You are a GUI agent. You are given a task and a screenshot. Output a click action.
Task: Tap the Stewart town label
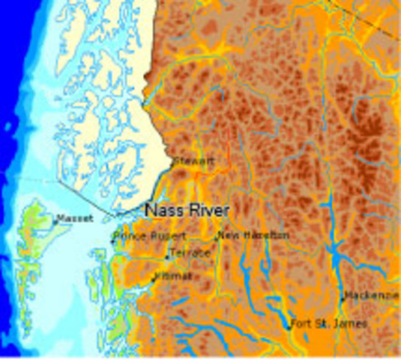(193, 160)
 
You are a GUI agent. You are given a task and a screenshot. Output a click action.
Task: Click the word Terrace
(189, 253)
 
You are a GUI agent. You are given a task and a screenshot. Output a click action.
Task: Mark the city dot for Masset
(55, 221)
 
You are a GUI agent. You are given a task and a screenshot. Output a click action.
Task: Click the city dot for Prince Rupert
(112, 241)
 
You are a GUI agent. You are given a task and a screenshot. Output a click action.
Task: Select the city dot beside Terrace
(167, 257)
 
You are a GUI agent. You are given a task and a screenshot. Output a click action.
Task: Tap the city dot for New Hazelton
(217, 238)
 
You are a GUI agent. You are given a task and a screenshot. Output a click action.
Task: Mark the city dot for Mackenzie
(343, 298)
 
